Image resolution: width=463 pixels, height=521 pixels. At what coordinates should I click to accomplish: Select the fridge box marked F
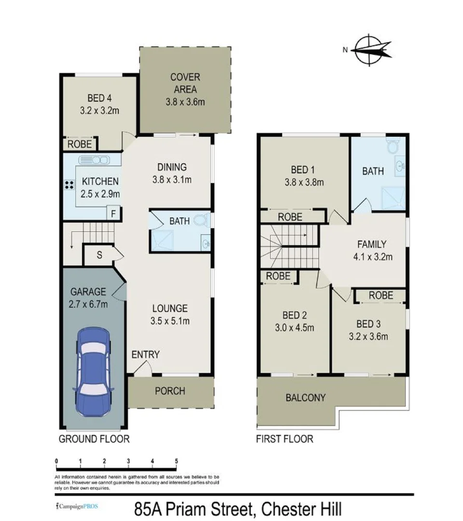coord(113,213)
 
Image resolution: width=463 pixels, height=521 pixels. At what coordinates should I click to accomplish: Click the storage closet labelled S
coord(99,255)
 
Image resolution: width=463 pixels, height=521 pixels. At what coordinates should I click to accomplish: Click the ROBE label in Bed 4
coord(80,144)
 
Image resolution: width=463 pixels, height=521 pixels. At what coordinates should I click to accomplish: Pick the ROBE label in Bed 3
coord(381,295)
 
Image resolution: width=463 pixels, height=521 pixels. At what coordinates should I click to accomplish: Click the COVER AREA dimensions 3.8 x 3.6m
coord(185,102)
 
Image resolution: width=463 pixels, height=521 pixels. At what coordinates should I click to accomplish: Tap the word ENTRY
coord(145,355)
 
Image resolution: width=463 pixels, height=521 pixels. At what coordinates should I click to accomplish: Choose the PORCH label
coord(169,390)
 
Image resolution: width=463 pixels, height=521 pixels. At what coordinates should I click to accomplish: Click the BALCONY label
coord(305,398)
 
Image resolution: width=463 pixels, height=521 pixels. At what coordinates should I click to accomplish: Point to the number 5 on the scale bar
coord(177,461)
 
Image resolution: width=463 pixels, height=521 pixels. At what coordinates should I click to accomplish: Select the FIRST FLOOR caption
coord(285,439)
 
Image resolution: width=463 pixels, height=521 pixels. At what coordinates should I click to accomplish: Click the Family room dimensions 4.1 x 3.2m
coord(372,257)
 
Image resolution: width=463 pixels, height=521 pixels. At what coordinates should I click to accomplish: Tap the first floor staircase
coord(290,246)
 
